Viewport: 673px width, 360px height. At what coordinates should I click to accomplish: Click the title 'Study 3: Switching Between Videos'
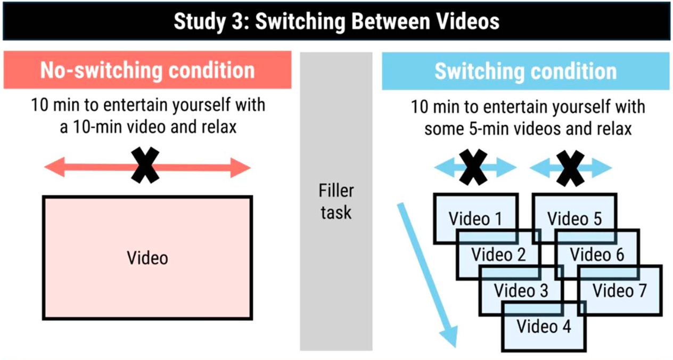[336, 21]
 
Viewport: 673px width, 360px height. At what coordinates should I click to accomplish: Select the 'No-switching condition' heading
[147, 70]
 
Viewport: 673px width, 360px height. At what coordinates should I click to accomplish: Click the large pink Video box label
[147, 258]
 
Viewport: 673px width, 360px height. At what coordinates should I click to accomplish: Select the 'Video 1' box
[475, 218]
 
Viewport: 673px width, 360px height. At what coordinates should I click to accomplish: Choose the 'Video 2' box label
[498, 254]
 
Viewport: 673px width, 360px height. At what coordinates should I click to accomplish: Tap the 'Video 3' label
[521, 290]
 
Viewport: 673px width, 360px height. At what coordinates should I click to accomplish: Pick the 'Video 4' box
[544, 326]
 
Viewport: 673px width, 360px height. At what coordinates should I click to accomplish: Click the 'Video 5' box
[574, 218]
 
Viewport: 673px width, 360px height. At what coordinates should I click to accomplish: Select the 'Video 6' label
[597, 254]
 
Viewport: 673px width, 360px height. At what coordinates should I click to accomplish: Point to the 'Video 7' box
[620, 290]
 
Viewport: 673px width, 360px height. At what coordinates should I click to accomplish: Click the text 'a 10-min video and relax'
[147, 128]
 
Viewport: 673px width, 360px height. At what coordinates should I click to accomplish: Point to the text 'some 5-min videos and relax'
[528, 129]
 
